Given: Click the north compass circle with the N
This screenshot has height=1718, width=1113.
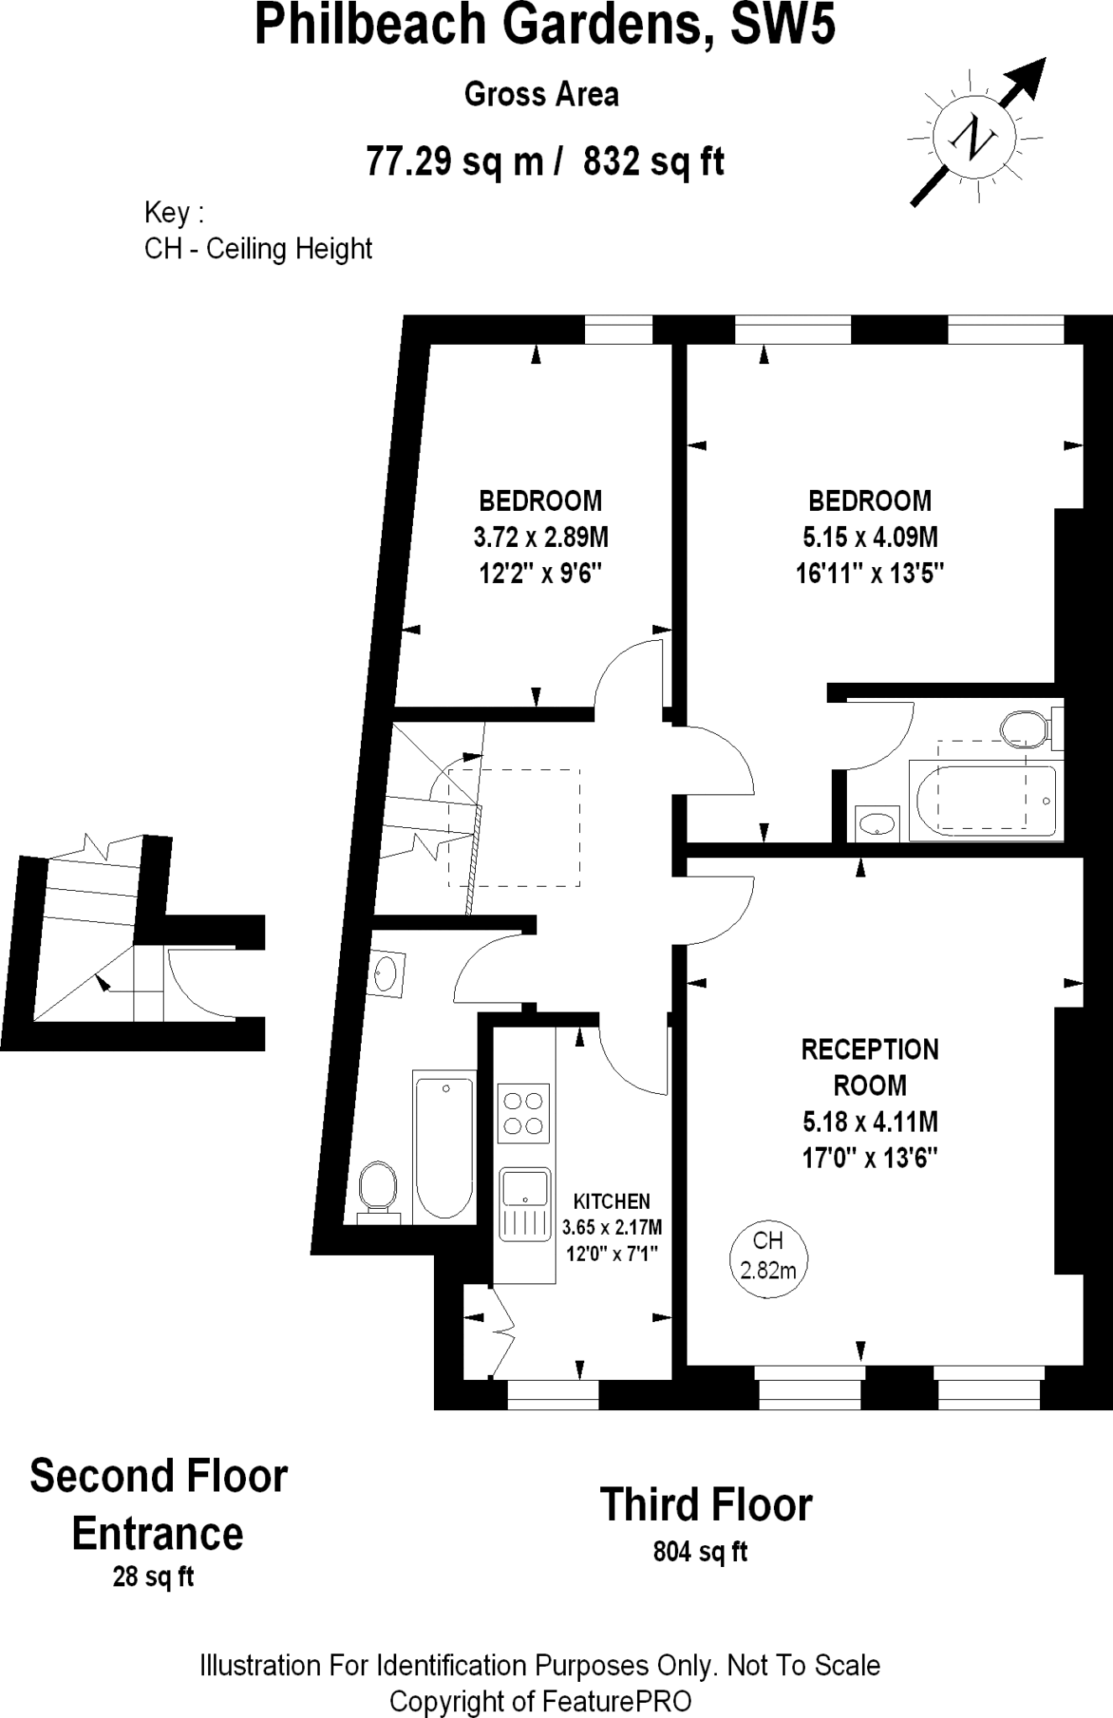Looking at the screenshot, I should point(974,135).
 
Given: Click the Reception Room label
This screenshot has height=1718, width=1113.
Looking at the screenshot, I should point(870,1067).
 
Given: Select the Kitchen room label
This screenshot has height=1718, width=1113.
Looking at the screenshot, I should point(612,1201).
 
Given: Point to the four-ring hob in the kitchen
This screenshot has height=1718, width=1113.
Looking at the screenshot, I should point(524,1113).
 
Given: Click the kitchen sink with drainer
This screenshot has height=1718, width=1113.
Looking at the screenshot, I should point(525,1204).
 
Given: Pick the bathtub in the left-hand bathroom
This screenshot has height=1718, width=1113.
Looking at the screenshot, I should point(444,1144).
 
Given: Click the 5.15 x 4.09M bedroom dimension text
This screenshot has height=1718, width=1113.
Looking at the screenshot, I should point(870,537).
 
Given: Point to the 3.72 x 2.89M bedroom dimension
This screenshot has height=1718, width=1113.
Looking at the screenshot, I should point(541,537).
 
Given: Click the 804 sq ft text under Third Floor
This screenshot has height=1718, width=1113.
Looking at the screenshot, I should point(700,1552).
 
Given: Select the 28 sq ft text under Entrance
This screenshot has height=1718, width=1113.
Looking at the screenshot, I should point(153,1577).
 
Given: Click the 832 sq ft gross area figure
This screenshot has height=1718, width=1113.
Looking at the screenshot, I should point(653,160).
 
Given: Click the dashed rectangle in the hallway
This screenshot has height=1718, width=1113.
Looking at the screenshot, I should point(514,827).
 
